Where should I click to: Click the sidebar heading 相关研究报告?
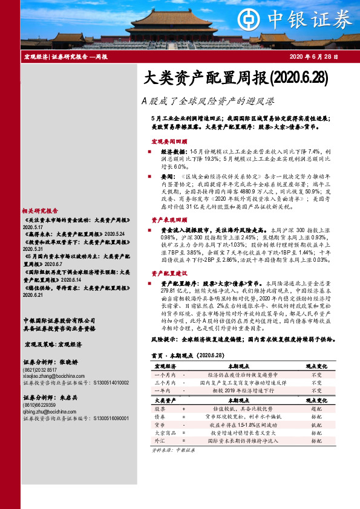coord(40,212)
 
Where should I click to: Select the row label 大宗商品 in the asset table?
coord(165,433)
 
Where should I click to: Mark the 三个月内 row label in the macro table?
coord(165,383)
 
